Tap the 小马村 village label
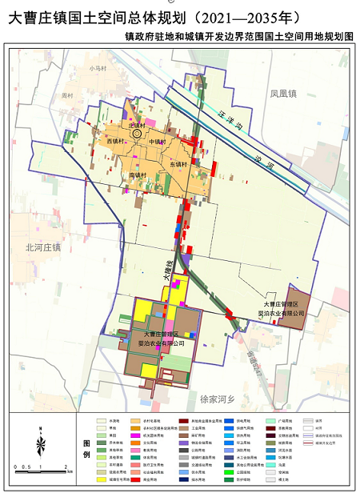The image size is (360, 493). [98, 69]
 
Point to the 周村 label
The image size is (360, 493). [66, 95]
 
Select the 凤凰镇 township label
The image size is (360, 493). [282, 94]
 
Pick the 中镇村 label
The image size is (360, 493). [157, 142]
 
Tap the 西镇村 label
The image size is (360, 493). [115, 142]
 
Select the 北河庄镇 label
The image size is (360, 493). [43, 247]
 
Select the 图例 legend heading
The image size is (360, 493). [86, 448]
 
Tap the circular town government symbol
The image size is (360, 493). [138, 134]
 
